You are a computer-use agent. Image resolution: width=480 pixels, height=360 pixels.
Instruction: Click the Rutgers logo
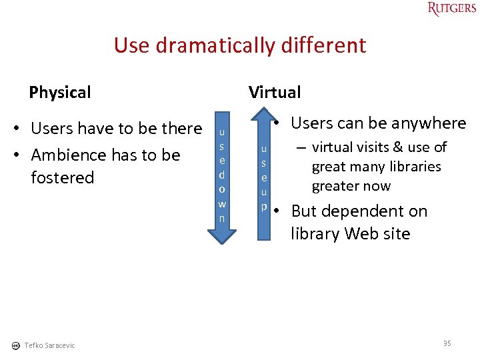pos(452,9)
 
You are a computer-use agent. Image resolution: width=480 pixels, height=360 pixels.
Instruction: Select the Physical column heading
pos(60,92)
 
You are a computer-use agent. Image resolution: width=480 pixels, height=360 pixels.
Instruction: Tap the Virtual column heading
pos(275,92)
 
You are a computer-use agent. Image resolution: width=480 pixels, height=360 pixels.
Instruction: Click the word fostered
pos(63,178)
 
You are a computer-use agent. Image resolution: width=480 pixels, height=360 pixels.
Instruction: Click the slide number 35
pos(447,343)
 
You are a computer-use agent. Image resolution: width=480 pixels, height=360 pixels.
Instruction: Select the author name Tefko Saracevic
pos(49,345)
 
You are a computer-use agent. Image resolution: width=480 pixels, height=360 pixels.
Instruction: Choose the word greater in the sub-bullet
pos(334,186)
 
